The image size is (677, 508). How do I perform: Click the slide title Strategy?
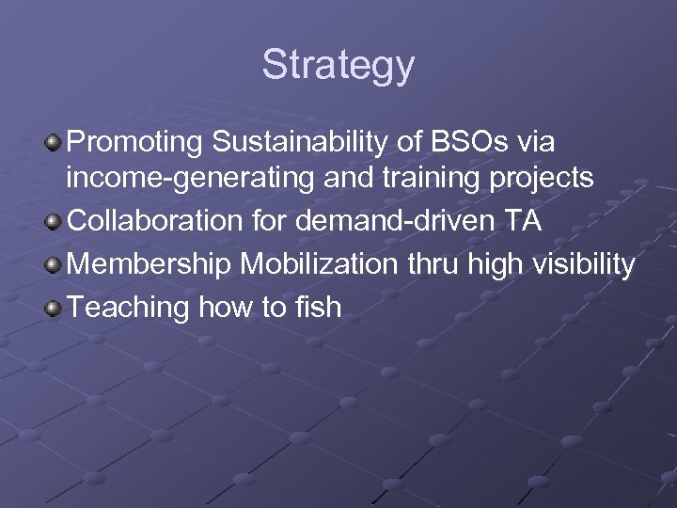click(338, 65)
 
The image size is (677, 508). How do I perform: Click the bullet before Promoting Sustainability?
click(55, 143)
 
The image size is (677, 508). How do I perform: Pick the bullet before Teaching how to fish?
click(55, 308)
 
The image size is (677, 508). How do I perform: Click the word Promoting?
click(136, 143)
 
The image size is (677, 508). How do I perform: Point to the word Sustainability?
click(311, 143)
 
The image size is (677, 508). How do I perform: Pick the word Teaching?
click(129, 308)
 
